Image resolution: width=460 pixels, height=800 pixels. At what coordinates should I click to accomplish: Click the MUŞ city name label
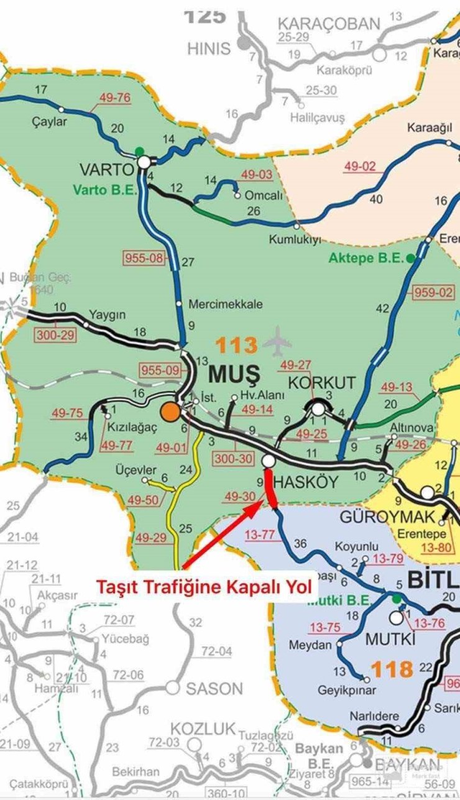(x=232, y=375)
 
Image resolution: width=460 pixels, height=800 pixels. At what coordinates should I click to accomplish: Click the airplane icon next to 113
(x=277, y=343)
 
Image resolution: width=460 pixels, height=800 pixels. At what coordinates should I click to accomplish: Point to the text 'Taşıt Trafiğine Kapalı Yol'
(x=206, y=587)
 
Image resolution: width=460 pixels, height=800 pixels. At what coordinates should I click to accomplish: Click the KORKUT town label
(x=318, y=382)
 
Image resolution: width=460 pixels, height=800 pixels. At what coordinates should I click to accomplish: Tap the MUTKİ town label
(x=389, y=639)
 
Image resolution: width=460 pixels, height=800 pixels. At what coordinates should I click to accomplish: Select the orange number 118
(x=392, y=669)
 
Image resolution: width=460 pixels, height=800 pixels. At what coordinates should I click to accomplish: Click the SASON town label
(x=213, y=688)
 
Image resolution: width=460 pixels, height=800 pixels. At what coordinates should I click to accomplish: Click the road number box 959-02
(x=432, y=291)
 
